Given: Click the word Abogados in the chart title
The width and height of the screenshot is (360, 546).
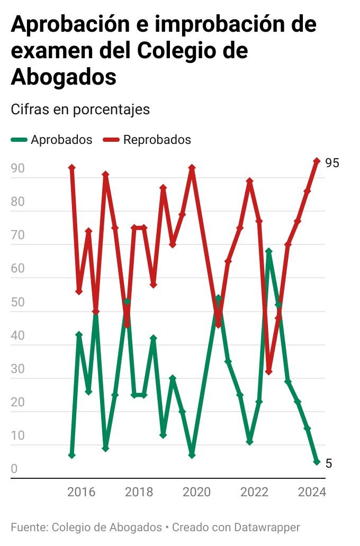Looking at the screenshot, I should tap(64, 77).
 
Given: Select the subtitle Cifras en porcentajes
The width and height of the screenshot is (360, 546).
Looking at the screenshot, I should tap(80, 110).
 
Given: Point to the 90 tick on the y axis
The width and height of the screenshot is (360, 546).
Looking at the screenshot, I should tap(17, 169).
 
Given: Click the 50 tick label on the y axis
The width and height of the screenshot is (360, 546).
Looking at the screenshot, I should tap(17, 303).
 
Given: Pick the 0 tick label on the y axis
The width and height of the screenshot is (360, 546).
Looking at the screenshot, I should tap(14, 469).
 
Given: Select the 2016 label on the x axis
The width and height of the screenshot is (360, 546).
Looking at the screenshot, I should tap(81, 493).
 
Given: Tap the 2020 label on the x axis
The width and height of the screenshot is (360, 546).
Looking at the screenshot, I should tap(197, 493).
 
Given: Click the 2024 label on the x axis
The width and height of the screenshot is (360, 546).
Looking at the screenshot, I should tap(312, 493).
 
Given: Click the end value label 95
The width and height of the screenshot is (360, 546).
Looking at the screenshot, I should tap(332, 163).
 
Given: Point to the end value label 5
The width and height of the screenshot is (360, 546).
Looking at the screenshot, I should tap(329, 463).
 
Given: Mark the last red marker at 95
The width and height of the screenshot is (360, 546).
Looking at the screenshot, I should tap(317, 161).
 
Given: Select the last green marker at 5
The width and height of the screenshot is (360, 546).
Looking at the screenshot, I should tap(317, 462).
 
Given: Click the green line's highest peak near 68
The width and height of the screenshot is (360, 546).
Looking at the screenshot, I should tap(269, 251).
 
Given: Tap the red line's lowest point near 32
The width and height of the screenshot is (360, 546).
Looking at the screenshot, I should tap(269, 372).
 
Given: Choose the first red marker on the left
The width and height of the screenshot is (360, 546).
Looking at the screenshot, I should tap(72, 168).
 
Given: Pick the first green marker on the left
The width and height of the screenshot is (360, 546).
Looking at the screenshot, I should tap(72, 455).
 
